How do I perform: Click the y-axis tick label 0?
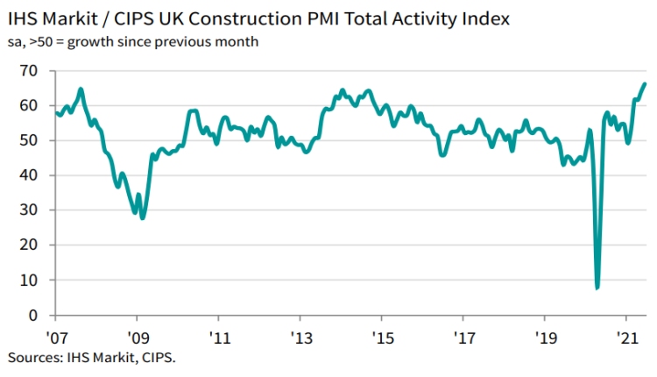[x=32, y=315]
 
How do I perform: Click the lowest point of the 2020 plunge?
[x=597, y=288]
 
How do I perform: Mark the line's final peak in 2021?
[x=645, y=84]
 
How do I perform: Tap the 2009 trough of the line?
[x=142, y=217]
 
